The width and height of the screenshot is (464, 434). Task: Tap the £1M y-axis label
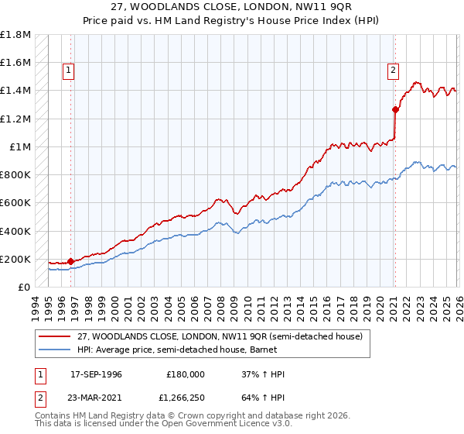pos(19,146)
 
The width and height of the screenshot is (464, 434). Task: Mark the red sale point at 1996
pos(71,261)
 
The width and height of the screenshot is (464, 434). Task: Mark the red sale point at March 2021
pos(394,109)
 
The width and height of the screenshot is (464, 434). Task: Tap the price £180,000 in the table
pos(186,374)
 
